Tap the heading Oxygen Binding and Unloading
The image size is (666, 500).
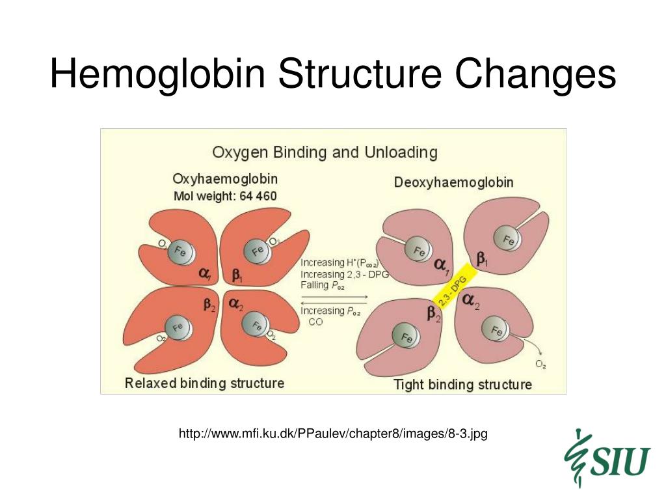pyautogui.click(x=325, y=153)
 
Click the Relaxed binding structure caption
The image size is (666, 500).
pyautogui.click(x=204, y=383)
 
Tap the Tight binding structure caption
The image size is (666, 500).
pyautogui.click(x=462, y=384)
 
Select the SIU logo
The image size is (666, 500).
pyautogui.click(x=608, y=458)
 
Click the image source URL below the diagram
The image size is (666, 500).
pyautogui.click(x=333, y=434)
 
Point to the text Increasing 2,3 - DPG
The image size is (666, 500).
pyautogui.click(x=344, y=274)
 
